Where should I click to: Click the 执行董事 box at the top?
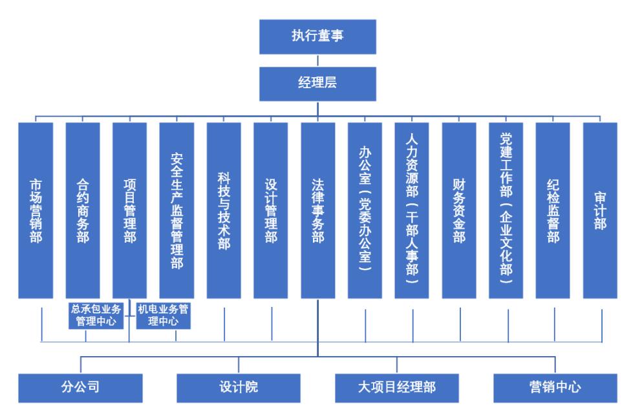pos(317,36)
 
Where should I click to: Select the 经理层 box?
pos(317,83)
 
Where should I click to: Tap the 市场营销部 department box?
pos(36,210)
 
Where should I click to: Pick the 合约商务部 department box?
pos(83,210)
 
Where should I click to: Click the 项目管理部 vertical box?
pos(129,210)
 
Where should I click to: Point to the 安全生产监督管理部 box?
pos(177,210)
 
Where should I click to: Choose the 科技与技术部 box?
pos(224,210)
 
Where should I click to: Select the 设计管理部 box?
pos(271,210)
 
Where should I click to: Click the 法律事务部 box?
pos(318,210)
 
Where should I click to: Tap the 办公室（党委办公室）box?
pos(365,210)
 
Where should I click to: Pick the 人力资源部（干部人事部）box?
pos(412,210)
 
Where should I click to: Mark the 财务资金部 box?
pos(459,210)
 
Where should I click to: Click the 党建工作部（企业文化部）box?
pos(506,210)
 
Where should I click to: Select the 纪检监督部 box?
pos(553,210)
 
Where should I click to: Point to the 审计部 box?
pos(600,210)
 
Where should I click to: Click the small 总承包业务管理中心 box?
pos(96,315)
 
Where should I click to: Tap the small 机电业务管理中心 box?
pos(164,315)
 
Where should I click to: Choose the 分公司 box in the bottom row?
pos(80,387)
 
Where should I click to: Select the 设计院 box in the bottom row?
pos(239,387)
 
